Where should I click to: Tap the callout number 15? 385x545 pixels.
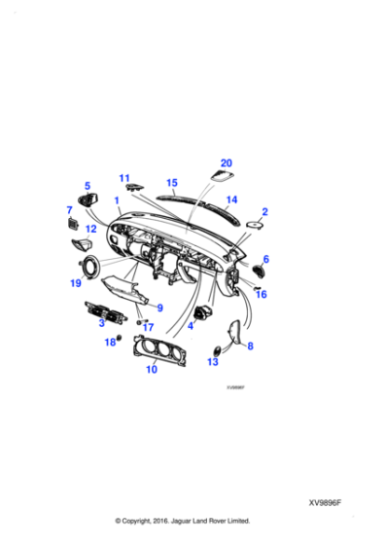coord(172,182)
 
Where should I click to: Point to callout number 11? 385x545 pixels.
coord(124,177)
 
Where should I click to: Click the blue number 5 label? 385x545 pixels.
coord(87,185)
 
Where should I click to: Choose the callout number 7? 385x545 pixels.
coord(69,209)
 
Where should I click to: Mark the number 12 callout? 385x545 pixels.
coord(90,230)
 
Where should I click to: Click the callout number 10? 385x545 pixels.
coord(151,371)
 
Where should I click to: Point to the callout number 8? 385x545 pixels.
coord(250,345)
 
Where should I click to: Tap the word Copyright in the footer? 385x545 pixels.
coord(154,521)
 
